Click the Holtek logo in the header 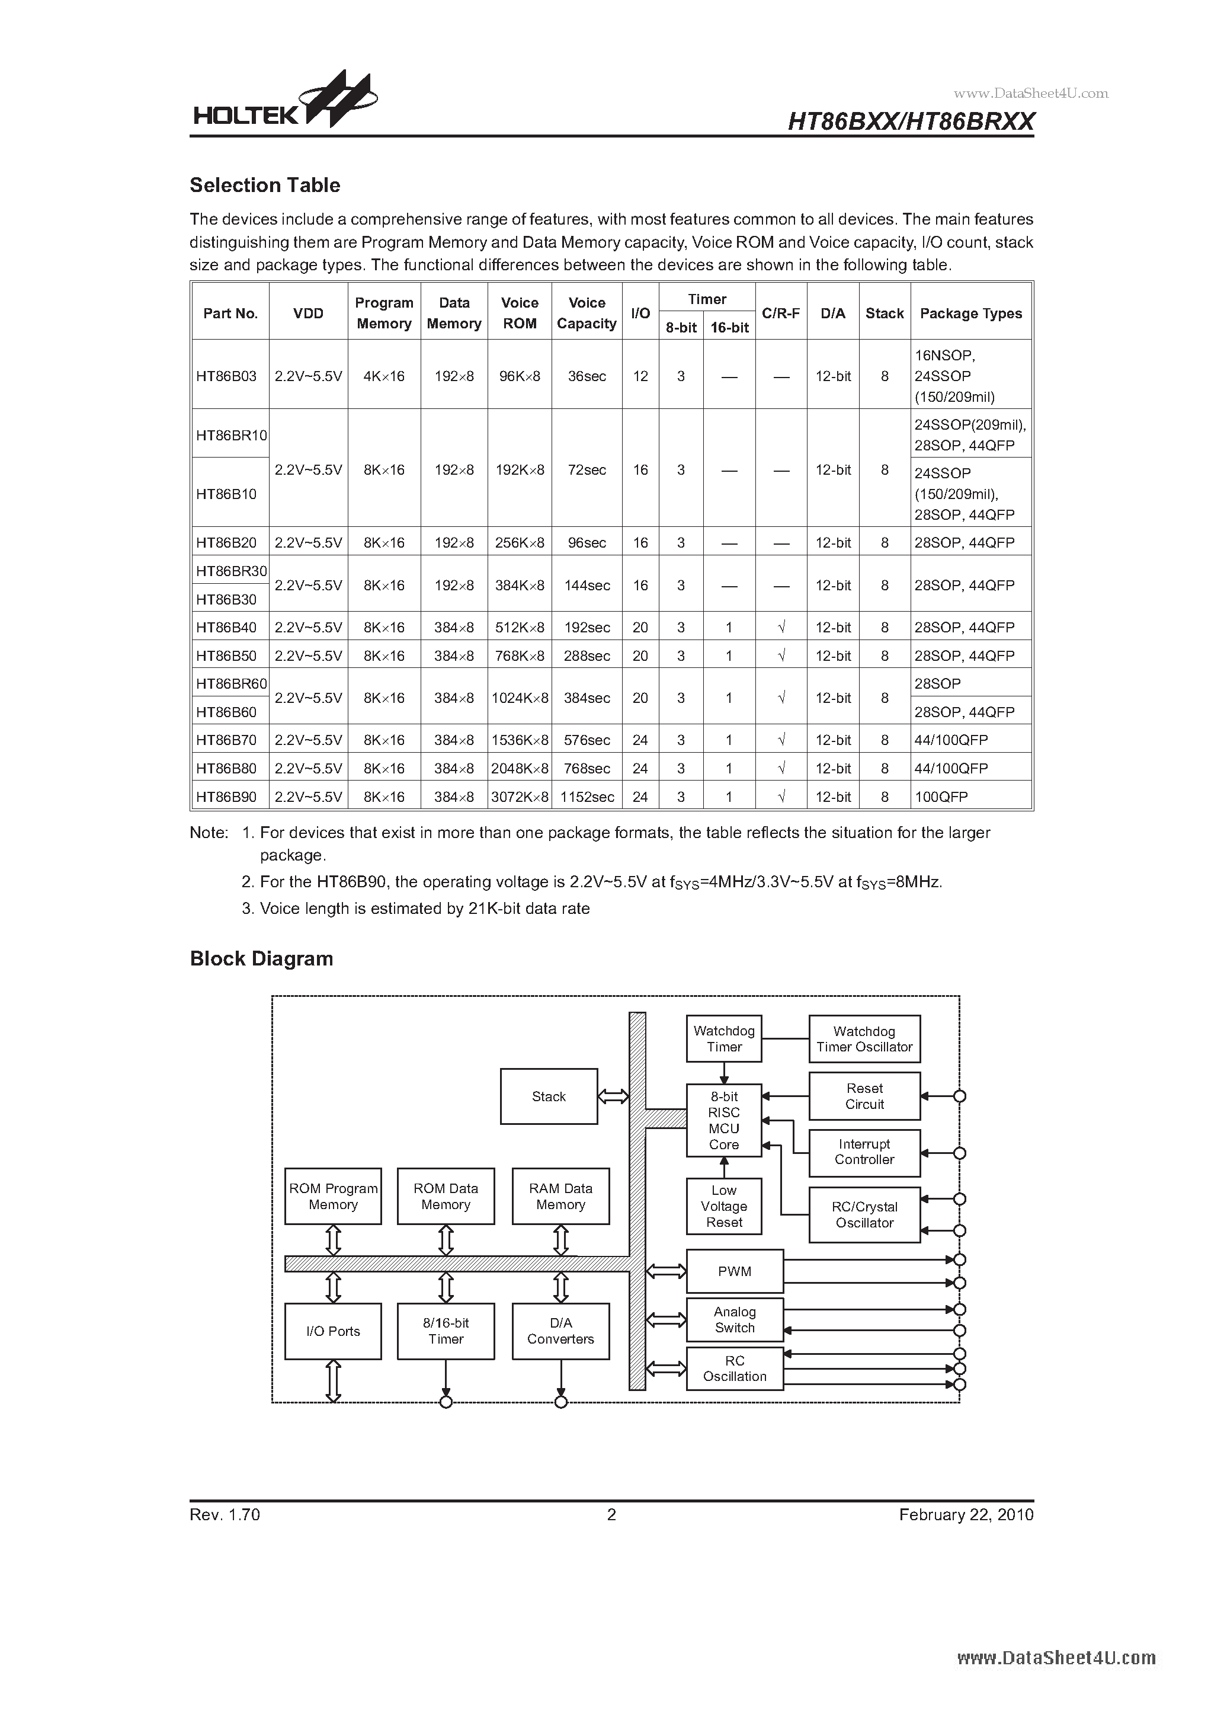click(x=284, y=102)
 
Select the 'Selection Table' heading click(x=265, y=186)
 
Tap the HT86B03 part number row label click(x=226, y=376)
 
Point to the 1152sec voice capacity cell click(x=587, y=797)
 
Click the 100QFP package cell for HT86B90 click(x=941, y=797)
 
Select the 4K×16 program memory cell click(x=383, y=376)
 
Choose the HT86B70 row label click(x=226, y=740)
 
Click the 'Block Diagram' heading click(x=261, y=958)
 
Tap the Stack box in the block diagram click(x=549, y=1096)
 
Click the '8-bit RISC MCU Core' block click(x=724, y=1121)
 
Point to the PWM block click(x=734, y=1272)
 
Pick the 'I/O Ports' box click(x=333, y=1331)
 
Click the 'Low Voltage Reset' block click(x=724, y=1206)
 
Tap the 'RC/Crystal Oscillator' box click(x=864, y=1214)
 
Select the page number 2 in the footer click(x=611, y=1515)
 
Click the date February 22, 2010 click(x=966, y=1515)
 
